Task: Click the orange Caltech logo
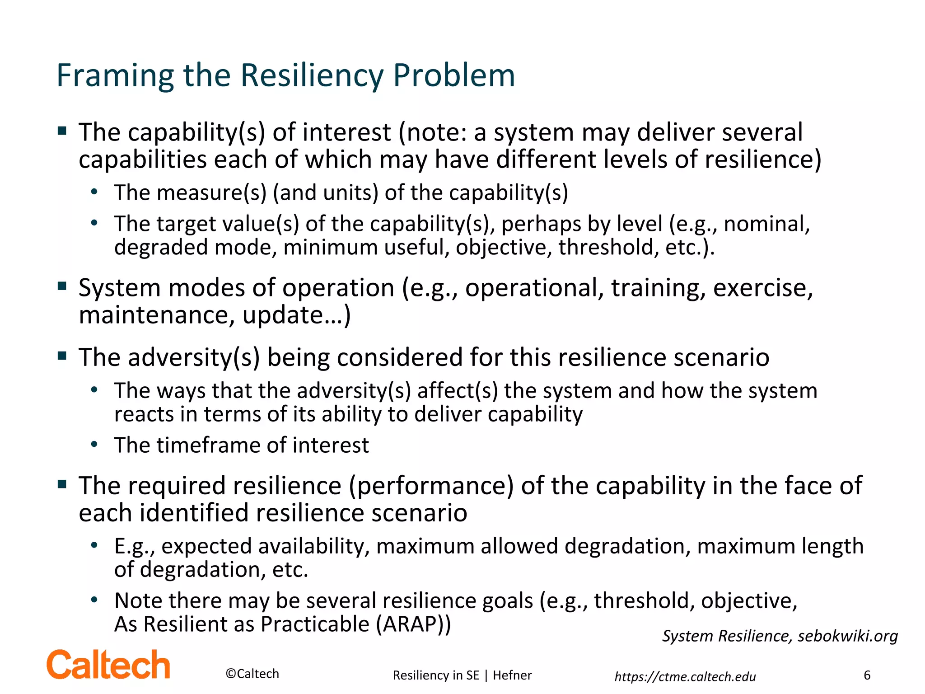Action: (108, 665)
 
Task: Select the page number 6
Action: (867, 675)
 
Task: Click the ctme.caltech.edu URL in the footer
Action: (685, 676)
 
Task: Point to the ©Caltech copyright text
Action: (252, 674)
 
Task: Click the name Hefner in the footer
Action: (512, 675)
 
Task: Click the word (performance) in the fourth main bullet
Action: (431, 486)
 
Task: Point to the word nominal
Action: (766, 224)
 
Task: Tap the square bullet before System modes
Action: (62, 286)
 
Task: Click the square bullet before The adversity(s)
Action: (62, 355)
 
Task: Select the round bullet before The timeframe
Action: (94, 444)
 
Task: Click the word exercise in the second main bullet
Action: (763, 288)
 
